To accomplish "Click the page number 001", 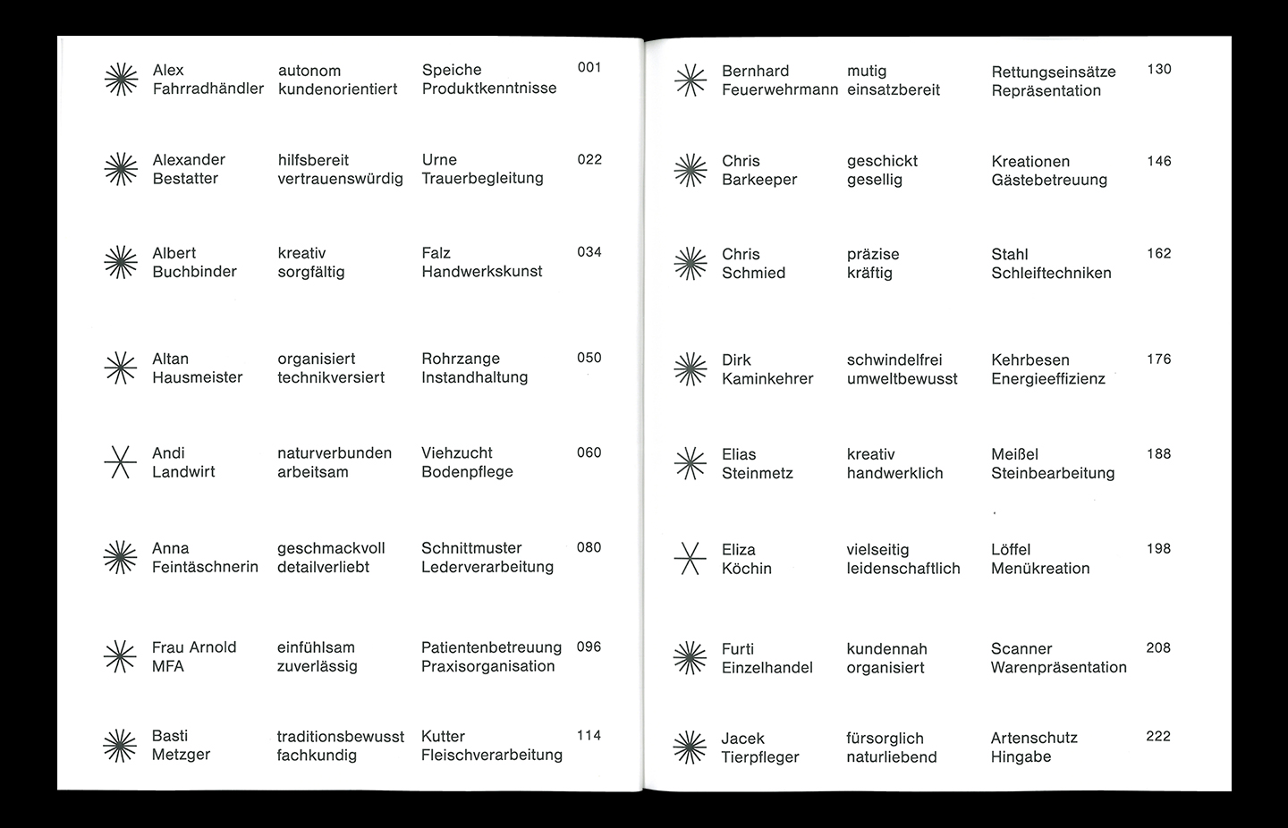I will point(589,68).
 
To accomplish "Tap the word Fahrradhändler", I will point(208,89).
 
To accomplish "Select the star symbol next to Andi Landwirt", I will point(121,461).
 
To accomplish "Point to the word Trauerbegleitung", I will point(482,178).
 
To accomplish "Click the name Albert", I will point(174,253).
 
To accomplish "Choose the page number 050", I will point(589,358).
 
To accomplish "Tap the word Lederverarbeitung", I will point(487,567).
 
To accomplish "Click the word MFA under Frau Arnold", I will point(168,666).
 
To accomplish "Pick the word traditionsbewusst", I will point(340,737).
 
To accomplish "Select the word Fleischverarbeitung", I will point(492,756).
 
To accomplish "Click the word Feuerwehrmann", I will point(780,90).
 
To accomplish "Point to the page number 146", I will point(1158,162).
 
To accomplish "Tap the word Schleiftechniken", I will point(1051,274).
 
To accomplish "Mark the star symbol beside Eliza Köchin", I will point(690,559).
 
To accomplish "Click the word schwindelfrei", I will point(894,360).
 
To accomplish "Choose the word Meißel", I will point(1014,454).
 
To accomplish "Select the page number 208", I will point(1158,648).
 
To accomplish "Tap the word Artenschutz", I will point(1034,739).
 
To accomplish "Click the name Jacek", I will point(742,739).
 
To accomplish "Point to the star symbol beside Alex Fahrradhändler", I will point(121,80).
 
